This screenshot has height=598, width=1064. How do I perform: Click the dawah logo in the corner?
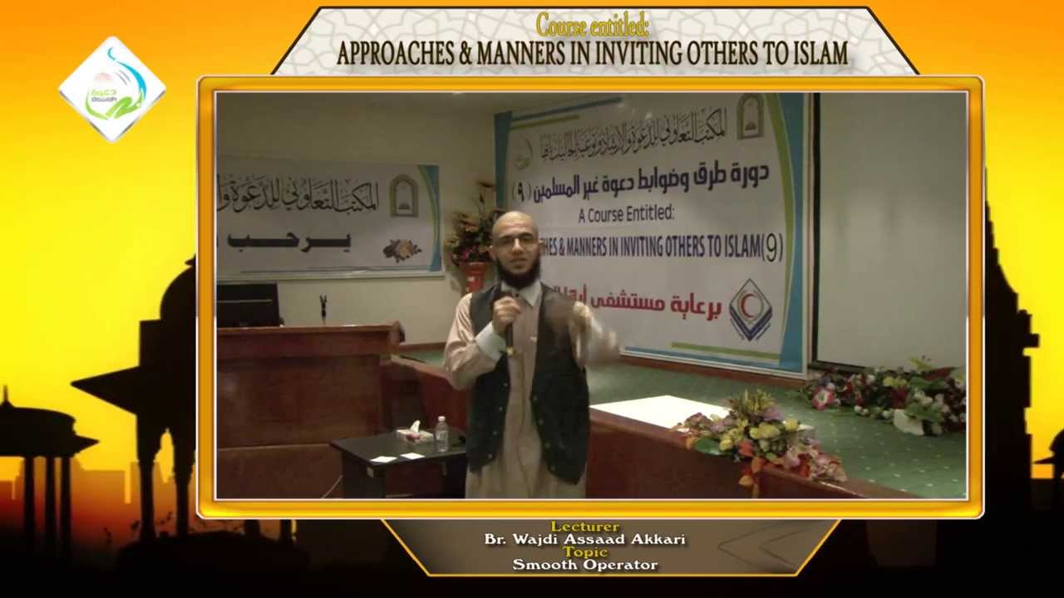coord(112,88)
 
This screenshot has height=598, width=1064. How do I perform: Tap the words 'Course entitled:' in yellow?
coord(592,25)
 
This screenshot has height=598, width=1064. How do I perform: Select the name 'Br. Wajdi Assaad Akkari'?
coord(584,539)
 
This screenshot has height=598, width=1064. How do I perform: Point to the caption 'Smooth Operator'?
coord(584,565)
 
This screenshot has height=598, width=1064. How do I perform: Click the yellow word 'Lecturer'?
coord(584,527)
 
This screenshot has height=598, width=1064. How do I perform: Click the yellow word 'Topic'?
coord(584,551)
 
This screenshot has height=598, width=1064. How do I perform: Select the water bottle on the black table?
coord(441,433)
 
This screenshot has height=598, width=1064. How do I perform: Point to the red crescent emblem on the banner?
coord(750,310)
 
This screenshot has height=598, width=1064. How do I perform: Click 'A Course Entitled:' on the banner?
coord(626,214)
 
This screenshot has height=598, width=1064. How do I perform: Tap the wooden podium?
coord(299,390)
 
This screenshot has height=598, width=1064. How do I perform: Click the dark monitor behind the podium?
coord(247,305)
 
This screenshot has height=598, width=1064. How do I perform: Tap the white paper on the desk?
coord(661,410)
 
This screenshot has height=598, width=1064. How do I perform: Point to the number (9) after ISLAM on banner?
coord(771,248)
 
